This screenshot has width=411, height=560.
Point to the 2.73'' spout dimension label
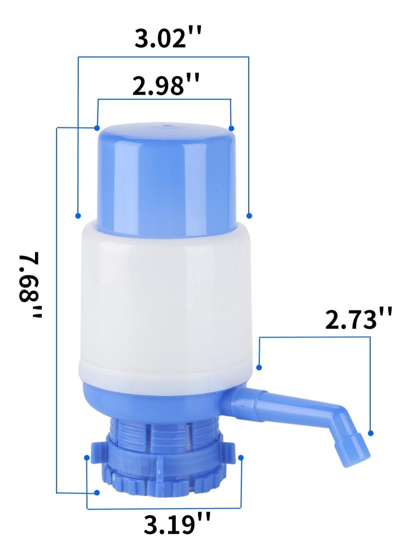359,319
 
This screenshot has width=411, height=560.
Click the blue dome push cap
164,174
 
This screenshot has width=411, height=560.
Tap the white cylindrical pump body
164,303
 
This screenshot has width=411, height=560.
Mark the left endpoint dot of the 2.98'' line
97,127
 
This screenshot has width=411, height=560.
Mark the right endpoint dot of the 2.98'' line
232,128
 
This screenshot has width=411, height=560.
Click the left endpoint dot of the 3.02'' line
78,215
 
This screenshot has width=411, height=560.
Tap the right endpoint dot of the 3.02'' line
250,215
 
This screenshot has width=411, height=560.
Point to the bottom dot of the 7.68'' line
97,493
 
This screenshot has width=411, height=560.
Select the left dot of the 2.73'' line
260,368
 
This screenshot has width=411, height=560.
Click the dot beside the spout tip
371,433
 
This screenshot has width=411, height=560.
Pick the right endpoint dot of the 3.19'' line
241,456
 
